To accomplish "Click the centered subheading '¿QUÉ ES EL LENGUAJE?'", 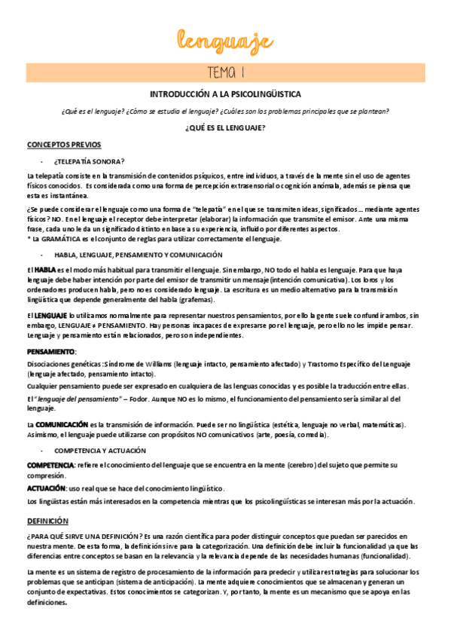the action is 225,127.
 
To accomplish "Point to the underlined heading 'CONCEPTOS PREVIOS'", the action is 64,144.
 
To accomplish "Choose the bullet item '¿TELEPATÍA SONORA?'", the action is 89,161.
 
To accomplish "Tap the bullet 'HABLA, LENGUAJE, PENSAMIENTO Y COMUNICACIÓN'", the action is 138,255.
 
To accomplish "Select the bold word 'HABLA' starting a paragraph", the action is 45,270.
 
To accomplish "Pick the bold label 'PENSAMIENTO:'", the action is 51,351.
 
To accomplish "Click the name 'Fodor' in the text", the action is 138,399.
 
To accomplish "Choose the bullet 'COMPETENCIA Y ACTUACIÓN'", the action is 99,450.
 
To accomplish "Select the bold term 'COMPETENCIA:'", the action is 50,465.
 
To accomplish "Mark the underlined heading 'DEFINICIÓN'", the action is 47,521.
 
